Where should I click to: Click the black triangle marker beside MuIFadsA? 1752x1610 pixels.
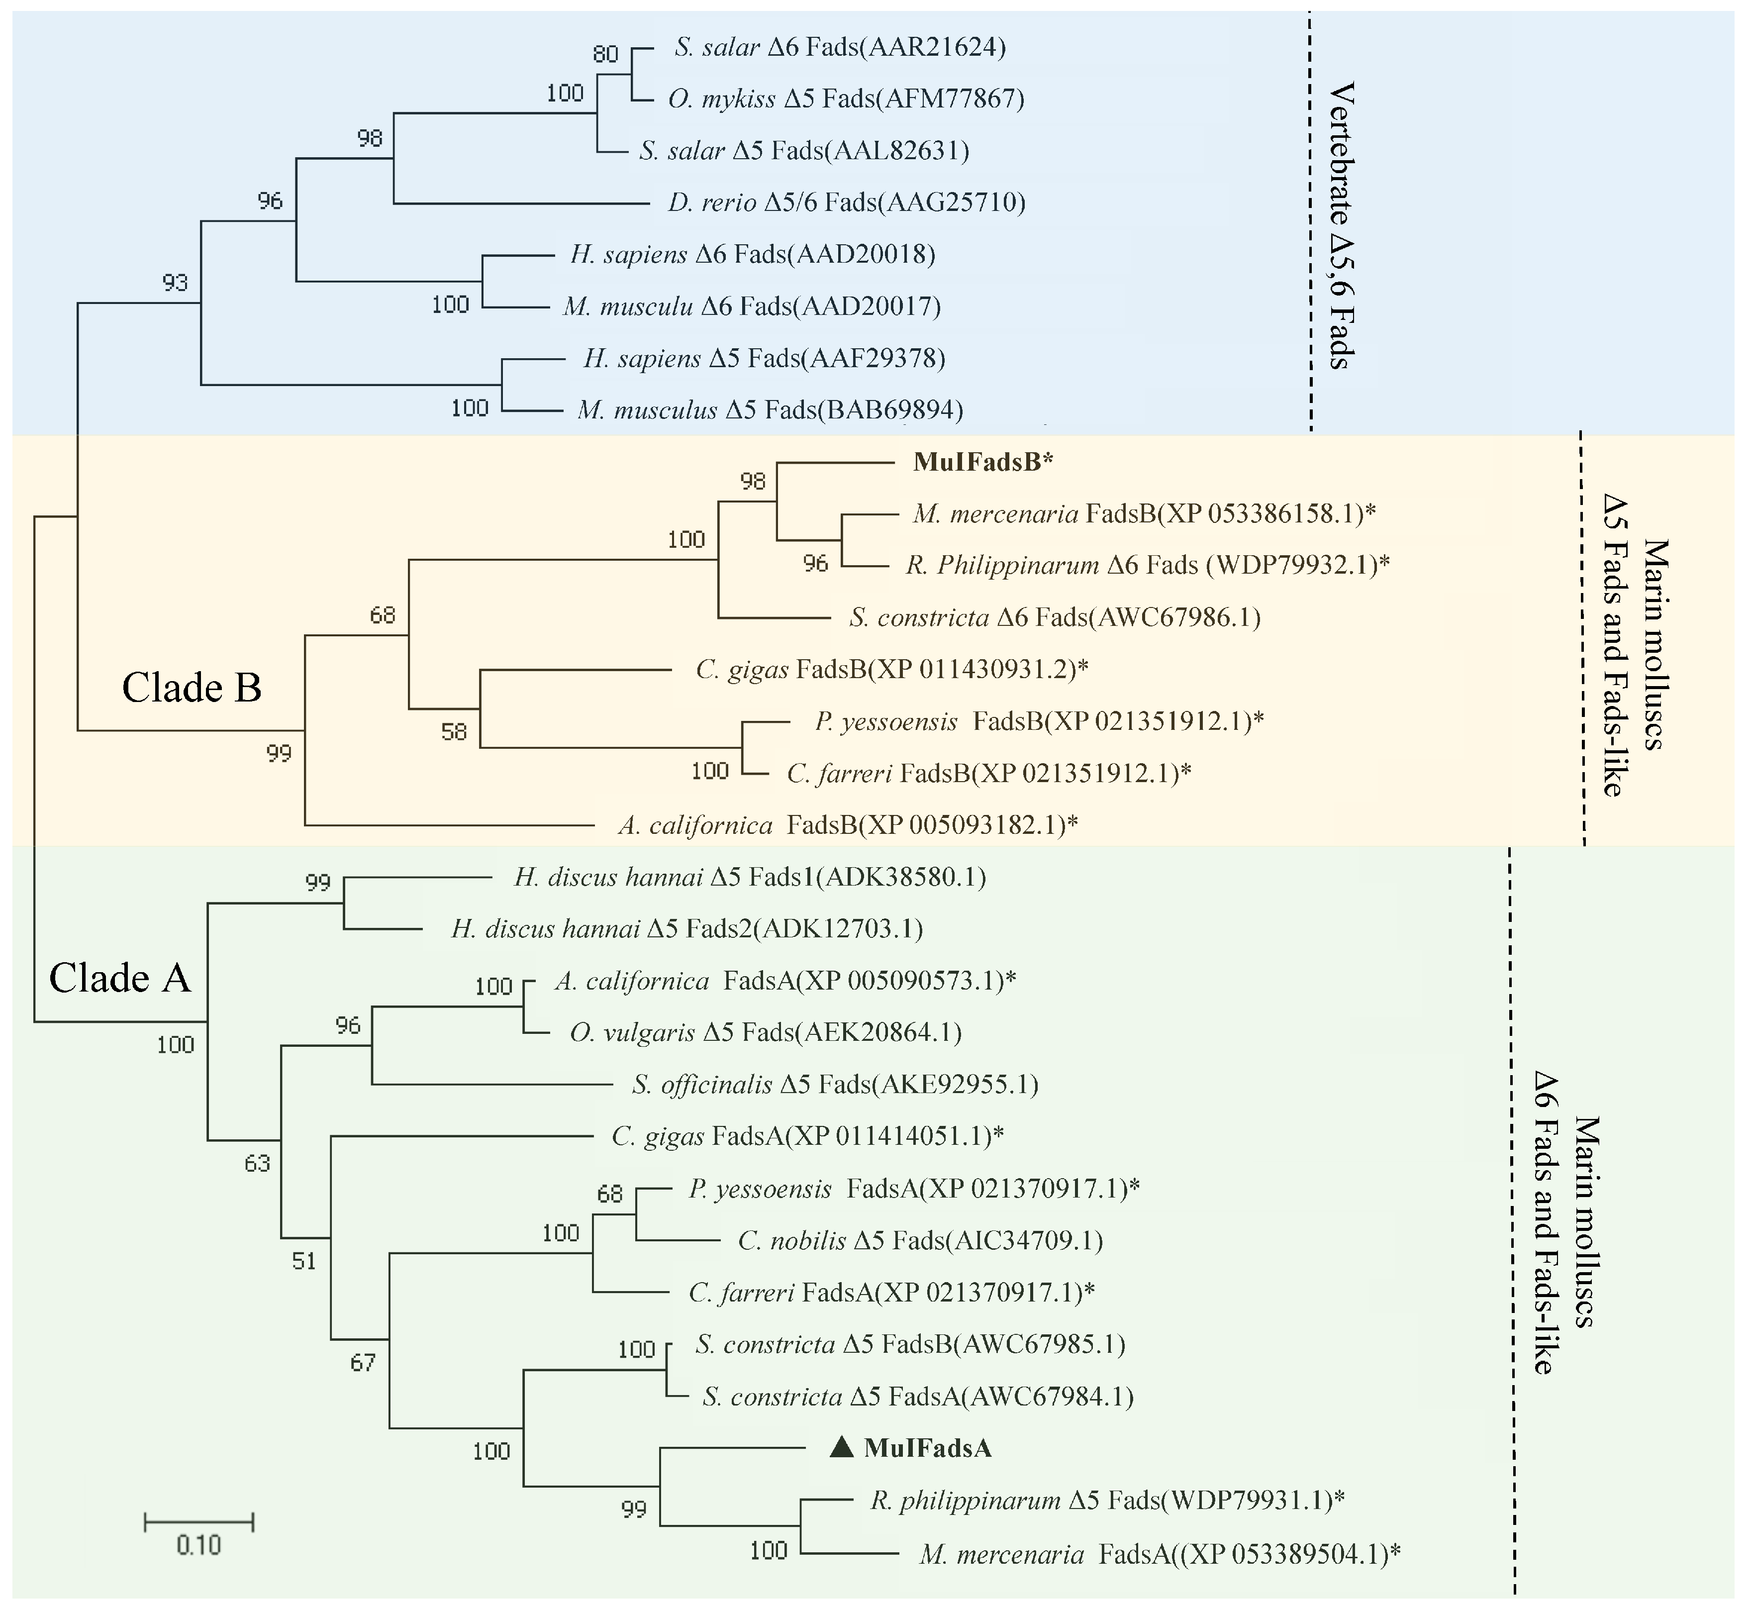coord(841,1447)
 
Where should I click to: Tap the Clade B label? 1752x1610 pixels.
coord(192,688)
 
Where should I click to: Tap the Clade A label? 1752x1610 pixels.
coord(119,978)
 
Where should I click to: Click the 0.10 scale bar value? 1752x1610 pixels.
coord(198,1545)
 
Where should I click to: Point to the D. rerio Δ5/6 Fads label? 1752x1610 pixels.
coord(846,202)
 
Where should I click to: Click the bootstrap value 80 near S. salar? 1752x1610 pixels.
coord(605,54)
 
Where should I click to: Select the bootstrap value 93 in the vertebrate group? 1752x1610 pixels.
coord(175,282)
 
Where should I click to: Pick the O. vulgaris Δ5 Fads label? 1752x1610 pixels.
coord(765,1032)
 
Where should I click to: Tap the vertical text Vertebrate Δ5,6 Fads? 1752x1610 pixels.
coord(1342,226)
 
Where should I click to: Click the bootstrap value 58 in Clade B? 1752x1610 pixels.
coord(454,732)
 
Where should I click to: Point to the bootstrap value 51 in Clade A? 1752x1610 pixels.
coord(304,1261)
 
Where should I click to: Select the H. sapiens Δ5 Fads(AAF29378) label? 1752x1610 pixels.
coord(764,358)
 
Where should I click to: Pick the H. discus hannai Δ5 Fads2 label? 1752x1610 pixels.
coord(686,929)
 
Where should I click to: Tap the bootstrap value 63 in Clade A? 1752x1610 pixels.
coord(257,1163)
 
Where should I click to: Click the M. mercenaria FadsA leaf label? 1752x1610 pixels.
coord(1159,1554)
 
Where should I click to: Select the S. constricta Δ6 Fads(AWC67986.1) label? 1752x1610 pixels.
coord(1054,618)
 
